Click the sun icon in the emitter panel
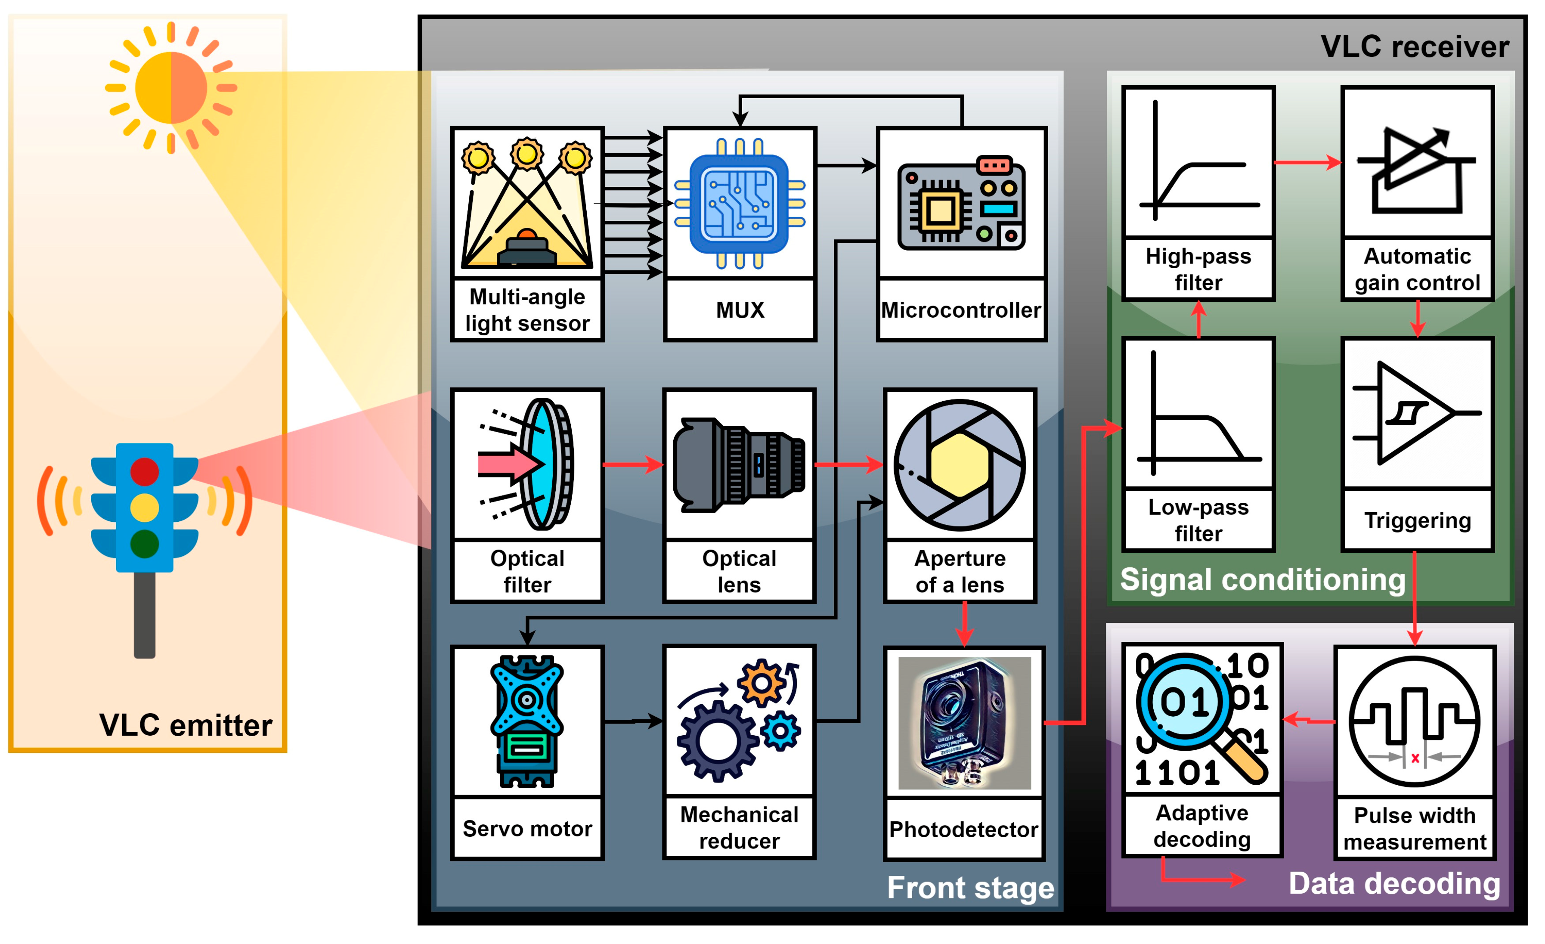pos(170,88)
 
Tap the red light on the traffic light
pos(144,471)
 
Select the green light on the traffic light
pos(144,544)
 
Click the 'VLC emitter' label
pos(186,725)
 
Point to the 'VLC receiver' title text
pos(1415,46)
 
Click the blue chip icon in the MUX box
pos(739,204)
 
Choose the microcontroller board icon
pos(961,203)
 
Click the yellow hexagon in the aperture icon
pos(960,464)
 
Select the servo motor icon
pos(527,721)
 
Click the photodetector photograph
pos(964,723)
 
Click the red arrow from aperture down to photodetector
pos(964,624)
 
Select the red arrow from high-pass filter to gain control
pos(1307,163)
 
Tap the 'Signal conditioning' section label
pos(1262,579)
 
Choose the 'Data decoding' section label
pos(1394,883)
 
